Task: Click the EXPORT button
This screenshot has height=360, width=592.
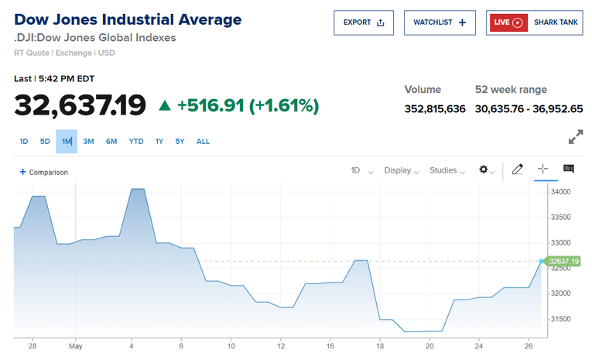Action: pos(364,22)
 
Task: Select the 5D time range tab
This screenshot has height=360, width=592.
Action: pos(45,142)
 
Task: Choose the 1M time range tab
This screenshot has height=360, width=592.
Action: pos(67,142)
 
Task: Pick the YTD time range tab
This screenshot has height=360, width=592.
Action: pos(136,142)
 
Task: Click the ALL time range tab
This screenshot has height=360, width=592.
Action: pos(203,142)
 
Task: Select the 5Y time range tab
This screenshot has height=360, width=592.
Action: pos(180,142)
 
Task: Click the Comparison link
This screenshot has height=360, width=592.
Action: pos(44,172)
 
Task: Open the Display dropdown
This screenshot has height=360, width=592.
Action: pos(402,170)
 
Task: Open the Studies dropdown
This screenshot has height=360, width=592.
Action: pos(447,170)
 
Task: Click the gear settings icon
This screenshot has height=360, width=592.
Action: pos(485,170)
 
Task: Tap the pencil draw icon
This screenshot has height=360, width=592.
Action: pos(518,170)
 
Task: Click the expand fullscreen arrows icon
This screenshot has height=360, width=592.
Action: pos(576,137)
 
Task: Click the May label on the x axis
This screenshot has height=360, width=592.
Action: pos(74,346)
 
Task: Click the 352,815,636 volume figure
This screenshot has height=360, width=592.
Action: pos(435,108)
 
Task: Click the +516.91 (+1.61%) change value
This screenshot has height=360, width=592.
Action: pos(248,105)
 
